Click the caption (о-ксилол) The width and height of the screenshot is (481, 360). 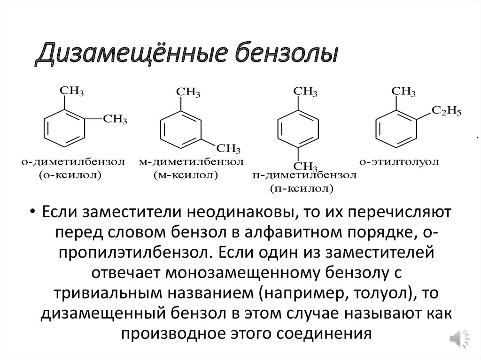[x=70, y=176]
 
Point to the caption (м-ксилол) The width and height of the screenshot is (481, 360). [x=186, y=176]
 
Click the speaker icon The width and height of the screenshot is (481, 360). [x=458, y=338]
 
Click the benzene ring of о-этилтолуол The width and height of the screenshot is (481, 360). [x=396, y=127]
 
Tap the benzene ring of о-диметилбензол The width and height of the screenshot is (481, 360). [x=65, y=127]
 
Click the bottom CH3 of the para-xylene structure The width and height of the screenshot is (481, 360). [x=305, y=165]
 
